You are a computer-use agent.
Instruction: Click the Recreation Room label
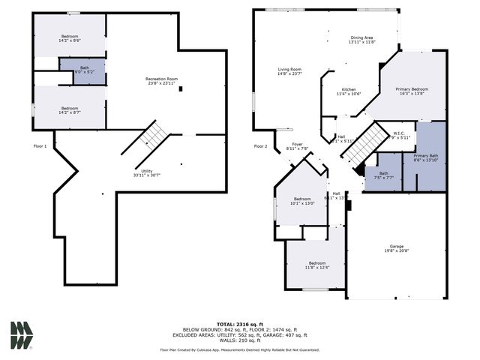161,82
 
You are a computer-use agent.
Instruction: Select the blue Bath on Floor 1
84,70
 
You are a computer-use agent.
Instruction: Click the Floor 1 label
40,145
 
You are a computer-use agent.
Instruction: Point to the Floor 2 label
260,145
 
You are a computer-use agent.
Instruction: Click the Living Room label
289,71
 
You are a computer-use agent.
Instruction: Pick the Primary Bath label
425,157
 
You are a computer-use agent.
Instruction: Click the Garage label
396,248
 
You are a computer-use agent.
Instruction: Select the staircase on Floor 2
361,142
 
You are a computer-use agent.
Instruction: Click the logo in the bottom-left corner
22,334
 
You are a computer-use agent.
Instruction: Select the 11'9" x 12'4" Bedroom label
316,265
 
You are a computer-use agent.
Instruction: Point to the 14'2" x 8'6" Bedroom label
70,38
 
